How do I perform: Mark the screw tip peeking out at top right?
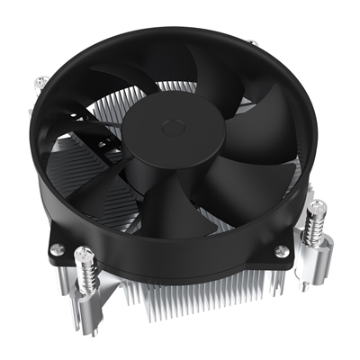pos(255,42)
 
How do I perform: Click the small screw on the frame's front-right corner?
pos(281,250)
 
